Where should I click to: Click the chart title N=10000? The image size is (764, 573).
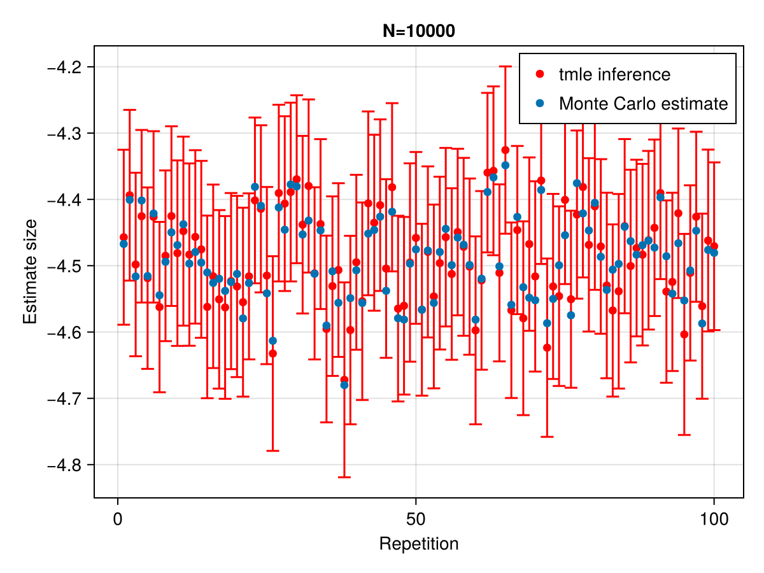coord(419,31)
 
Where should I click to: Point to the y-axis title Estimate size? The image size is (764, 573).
coord(30,271)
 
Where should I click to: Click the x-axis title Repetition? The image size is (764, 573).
coord(418,544)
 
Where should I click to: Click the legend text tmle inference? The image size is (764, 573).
coord(614,74)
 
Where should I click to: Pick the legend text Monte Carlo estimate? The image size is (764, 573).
coord(643,103)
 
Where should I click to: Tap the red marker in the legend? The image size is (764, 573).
coord(541,74)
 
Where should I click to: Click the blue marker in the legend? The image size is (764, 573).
coord(541,103)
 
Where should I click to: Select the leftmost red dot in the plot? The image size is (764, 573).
coord(124,237)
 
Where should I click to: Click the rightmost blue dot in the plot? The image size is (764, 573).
coord(714,253)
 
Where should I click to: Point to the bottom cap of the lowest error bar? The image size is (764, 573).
coord(344,477)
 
